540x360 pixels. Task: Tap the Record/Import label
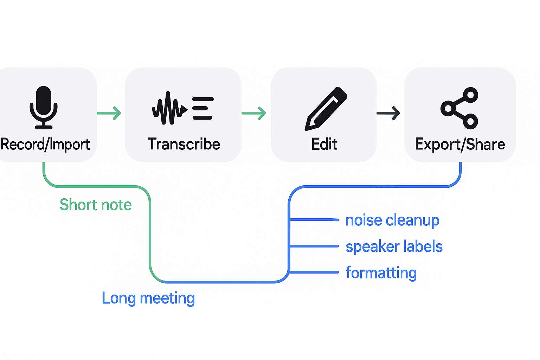(x=45, y=144)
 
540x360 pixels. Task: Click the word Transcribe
(x=184, y=144)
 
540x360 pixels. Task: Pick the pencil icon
(x=326, y=108)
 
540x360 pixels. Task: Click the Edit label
(x=324, y=144)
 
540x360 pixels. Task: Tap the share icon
(x=459, y=108)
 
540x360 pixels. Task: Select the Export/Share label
(x=460, y=144)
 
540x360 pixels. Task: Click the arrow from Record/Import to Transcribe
(x=109, y=113)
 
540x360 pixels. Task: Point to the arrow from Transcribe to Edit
(x=254, y=113)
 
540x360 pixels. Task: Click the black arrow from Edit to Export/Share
(x=388, y=113)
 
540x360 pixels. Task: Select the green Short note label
(x=96, y=205)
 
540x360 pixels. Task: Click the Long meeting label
(x=148, y=298)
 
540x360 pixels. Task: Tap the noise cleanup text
(x=392, y=220)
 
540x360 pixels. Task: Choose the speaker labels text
(x=394, y=246)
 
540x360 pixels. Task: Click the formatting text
(x=381, y=273)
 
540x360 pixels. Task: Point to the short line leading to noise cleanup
(x=314, y=220)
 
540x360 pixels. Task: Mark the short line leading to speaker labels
(x=314, y=246)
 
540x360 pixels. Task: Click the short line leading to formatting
(x=314, y=272)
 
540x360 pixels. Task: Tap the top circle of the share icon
(x=470, y=95)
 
